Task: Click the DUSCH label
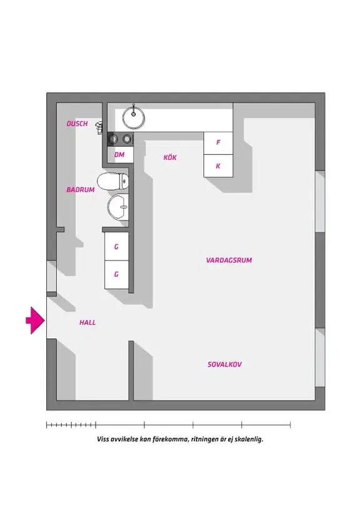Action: pos(77,124)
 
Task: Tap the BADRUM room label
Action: pos(81,190)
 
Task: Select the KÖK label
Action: pos(170,157)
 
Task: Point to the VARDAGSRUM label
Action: pos(229,260)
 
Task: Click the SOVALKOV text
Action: pos(224,364)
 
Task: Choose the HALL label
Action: pos(87,322)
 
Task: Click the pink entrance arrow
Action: pos(35,320)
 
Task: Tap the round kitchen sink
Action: pos(134,116)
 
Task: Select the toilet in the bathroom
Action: pos(112,182)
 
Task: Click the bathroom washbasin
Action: pos(118,207)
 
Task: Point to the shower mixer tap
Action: pos(99,127)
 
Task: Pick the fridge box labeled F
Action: pos(218,143)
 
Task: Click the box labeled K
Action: pos(218,166)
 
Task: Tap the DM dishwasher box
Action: pos(121,155)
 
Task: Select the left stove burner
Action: pos(113,139)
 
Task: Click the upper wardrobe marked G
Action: pos(116,247)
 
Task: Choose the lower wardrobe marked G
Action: pos(116,275)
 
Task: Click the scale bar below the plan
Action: pos(169,425)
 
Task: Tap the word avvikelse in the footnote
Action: pos(124,440)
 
